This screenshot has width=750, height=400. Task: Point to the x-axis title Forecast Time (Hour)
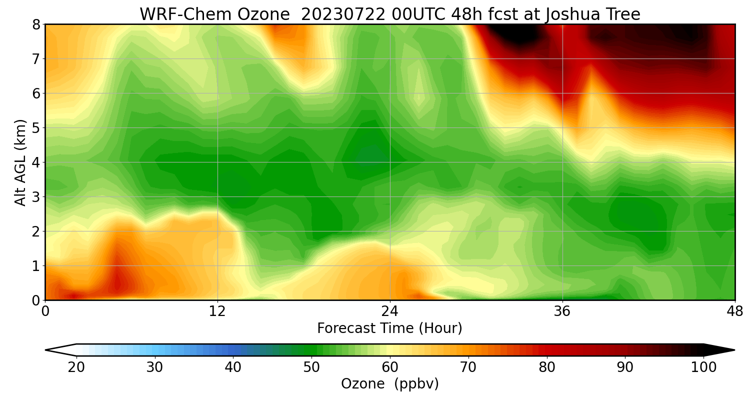point(389,328)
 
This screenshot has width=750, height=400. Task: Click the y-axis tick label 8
point(36,24)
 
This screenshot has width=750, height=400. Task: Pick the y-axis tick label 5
point(36,128)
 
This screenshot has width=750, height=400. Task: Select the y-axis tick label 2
point(36,231)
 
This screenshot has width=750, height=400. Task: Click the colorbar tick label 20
point(76,367)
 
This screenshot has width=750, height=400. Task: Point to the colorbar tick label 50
point(311,367)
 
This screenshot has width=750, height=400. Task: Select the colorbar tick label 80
point(547,367)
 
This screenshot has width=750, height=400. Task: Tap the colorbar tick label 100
point(703,367)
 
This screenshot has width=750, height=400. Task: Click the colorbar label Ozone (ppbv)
point(389,384)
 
